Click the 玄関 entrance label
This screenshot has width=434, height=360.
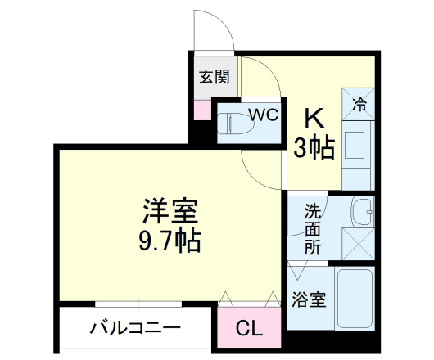215,79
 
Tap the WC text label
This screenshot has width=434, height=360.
263,114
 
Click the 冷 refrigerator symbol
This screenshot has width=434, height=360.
359,104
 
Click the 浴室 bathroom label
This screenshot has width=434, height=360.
309,300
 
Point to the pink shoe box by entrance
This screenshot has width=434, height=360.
201,109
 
